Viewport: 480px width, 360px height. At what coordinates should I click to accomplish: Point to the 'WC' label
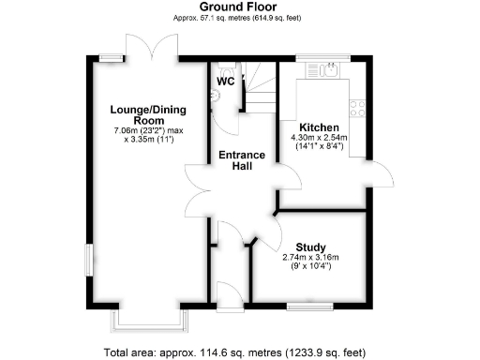click(x=226, y=82)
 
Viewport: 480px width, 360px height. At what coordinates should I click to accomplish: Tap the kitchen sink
click(x=327, y=69)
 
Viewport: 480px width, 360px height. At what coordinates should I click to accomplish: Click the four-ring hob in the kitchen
click(x=357, y=109)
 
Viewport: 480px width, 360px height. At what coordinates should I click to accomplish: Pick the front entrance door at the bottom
click(x=226, y=292)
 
